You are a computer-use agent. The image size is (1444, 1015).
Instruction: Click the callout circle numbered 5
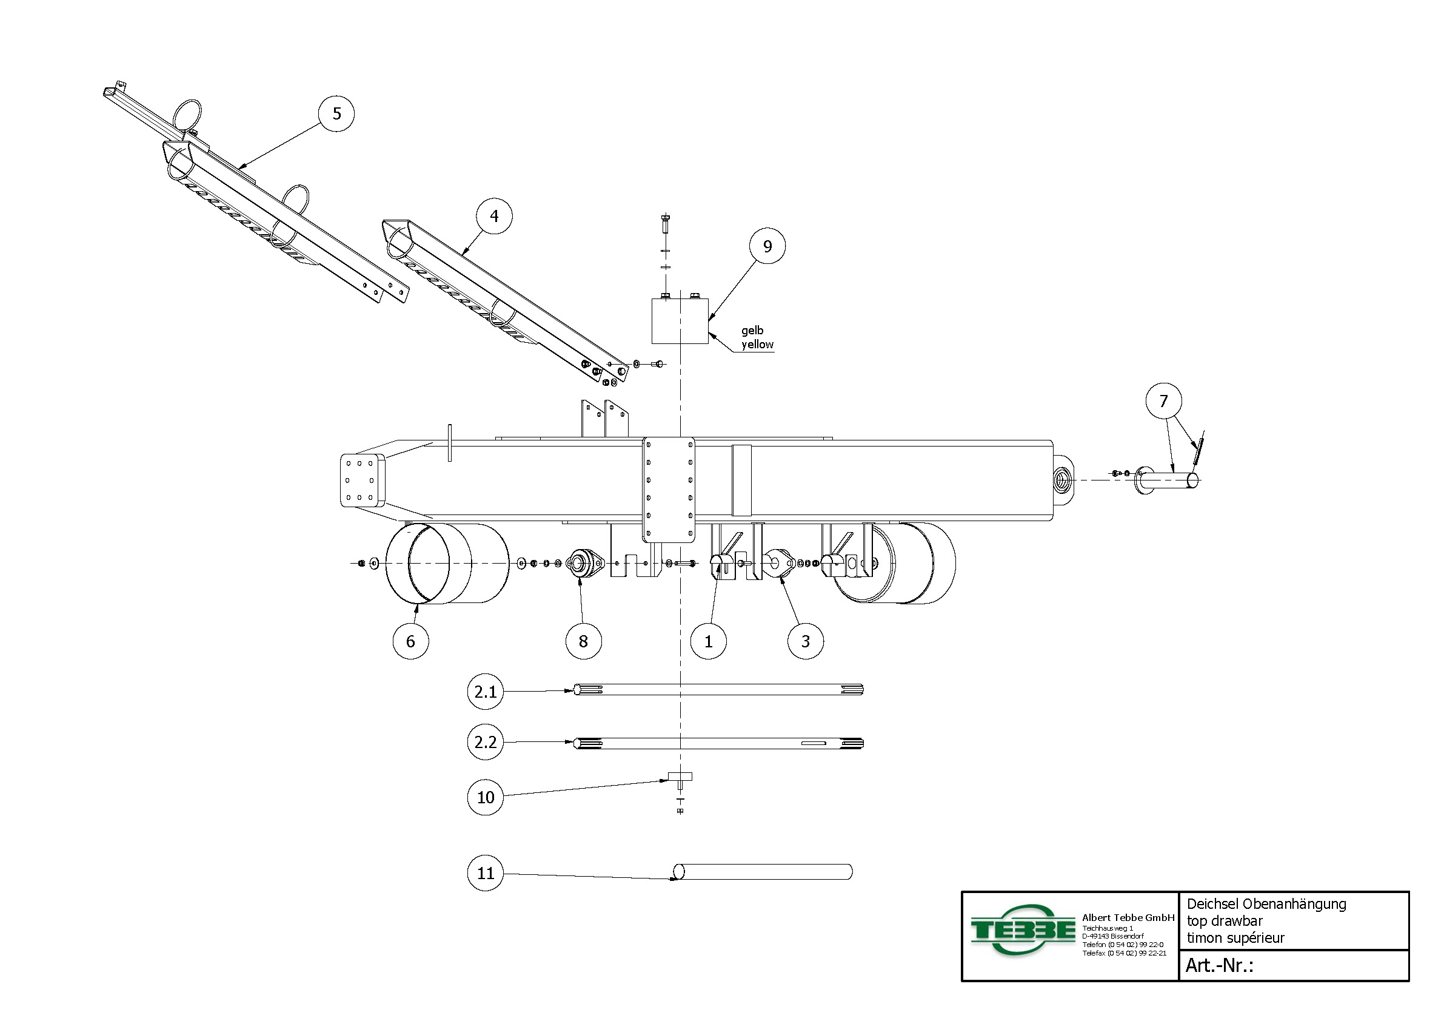pyautogui.click(x=336, y=114)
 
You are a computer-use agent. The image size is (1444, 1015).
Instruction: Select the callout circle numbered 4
pyautogui.click(x=493, y=216)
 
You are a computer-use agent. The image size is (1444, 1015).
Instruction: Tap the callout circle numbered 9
pyautogui.click(x=767, y=246)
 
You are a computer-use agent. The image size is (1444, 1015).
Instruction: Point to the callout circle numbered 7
pyautogui.click(x=1163, y=401)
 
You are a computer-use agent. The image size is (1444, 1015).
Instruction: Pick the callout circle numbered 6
pyautogui.click(x=410, y=641)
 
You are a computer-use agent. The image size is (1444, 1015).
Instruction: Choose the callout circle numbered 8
pyautogui.click(x=584, y=641)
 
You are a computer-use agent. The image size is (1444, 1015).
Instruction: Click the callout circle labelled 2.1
pyautogui.click(x=486, y=692)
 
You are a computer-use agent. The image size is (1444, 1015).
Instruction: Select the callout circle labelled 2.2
pyautogui.click(x=486, y=742)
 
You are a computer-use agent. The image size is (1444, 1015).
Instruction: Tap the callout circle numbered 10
pyautogui.click(x=486, y=797)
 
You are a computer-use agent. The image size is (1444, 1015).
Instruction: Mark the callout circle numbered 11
pyautogui.click(x=486, y=873)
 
